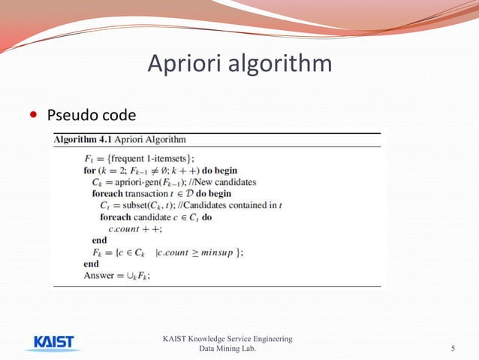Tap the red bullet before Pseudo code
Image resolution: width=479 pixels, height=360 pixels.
32,116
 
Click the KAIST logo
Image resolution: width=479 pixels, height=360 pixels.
55,343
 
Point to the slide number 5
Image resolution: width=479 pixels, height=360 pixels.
453,348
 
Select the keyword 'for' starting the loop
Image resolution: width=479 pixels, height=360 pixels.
89,170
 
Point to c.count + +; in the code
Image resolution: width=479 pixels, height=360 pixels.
136,229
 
